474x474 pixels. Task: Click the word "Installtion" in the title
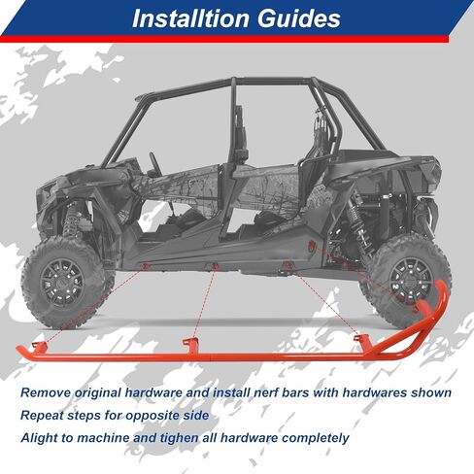183,19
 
